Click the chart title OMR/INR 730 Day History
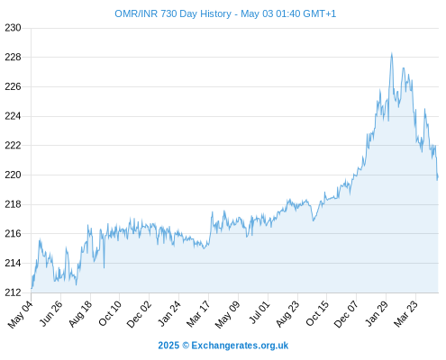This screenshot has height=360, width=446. coord(173,13)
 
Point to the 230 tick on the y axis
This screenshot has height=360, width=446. coord(13,28)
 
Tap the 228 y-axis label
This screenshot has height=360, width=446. coord(13,58)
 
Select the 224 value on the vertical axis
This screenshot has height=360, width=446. coord(13,116)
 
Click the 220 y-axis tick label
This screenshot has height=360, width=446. coord(13,175)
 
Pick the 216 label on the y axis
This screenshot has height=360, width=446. coord(13,233)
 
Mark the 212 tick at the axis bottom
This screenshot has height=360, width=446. coord(13,292)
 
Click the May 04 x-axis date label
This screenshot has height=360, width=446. coord(21,314)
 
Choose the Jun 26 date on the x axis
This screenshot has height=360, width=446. coord(51,313)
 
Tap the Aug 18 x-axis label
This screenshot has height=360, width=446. coord(80,313)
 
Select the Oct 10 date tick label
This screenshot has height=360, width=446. coord(110,313)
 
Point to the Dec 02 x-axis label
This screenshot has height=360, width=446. coord(139,314)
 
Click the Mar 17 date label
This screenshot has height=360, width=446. coord(198,314)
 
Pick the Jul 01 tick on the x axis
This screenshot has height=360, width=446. coord(259,312)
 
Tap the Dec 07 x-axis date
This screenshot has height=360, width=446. coord(346,314)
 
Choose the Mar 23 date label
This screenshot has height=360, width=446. coord(405,313)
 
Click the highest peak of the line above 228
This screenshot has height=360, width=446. coord(392,53)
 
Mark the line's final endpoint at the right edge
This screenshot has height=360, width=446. coord(438,177)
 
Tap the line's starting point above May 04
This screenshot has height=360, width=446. coord(32,288)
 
